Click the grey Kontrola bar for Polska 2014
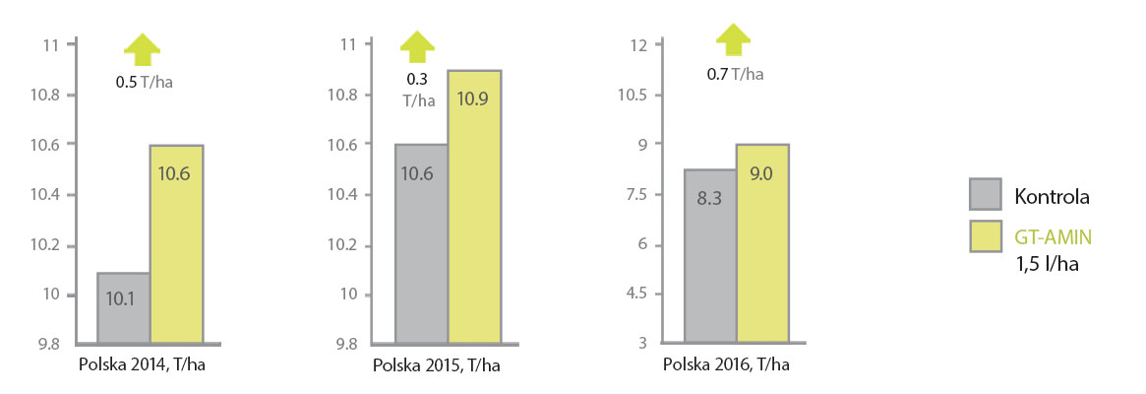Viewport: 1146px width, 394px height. coord(123,307)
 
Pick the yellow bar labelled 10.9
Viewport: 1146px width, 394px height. coord(474,207)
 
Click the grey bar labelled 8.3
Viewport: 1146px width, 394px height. coord(710,256)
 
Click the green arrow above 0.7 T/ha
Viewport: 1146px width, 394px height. coord(733,39)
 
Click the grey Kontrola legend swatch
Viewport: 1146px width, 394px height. coord(985,195)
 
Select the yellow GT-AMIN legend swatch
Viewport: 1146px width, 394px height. coord(985,236)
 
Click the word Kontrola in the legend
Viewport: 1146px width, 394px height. coord(1052,196)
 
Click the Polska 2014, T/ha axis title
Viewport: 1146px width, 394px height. coord(142,365)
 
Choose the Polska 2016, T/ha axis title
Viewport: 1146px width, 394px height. coord(726,365)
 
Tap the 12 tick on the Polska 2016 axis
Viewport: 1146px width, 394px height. coord(638,45)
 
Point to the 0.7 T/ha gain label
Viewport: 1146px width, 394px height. coord(735,73)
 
